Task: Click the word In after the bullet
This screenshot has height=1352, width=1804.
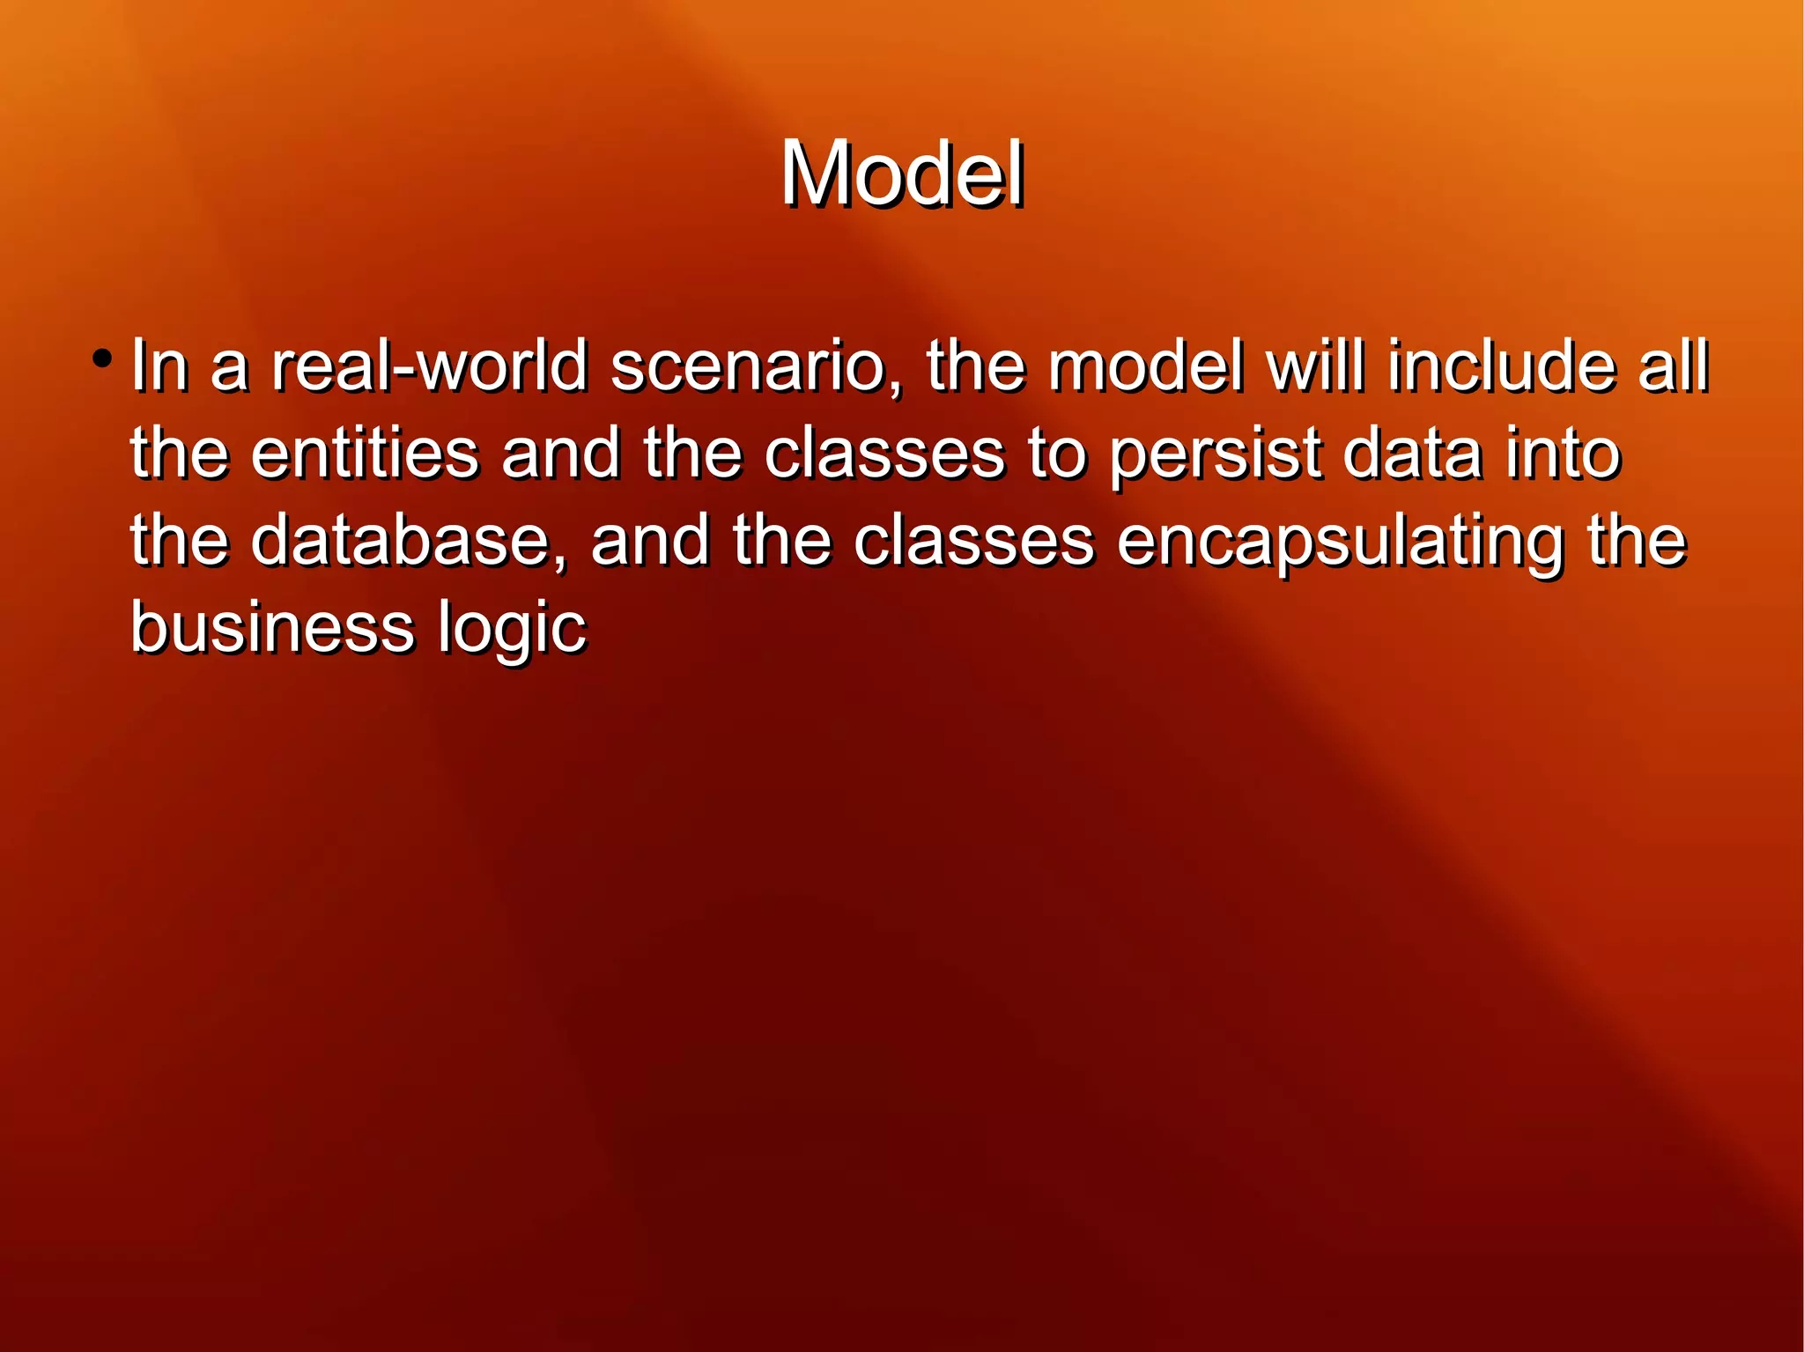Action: coord(159,366)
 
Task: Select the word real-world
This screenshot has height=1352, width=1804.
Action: coord(429,366)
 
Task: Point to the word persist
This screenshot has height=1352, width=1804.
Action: coord(1215,454)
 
